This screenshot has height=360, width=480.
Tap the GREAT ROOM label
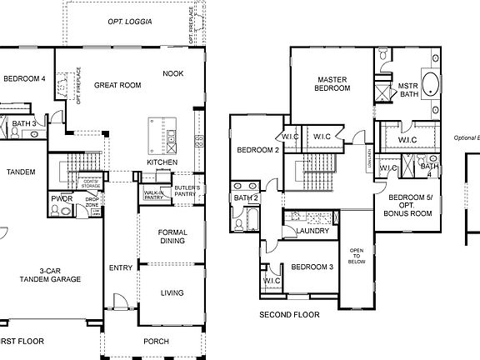tap(117, 85)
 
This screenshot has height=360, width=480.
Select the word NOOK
tap(172, 73)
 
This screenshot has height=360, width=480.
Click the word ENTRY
tap(121, 267)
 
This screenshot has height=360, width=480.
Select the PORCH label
tap(156, 340)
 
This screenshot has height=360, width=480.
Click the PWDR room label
tap(61, 199)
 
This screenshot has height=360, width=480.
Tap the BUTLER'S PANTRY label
tap(187, 191)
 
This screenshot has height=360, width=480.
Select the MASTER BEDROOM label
tap(332, 84)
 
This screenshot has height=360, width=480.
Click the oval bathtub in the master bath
tap(432, 86)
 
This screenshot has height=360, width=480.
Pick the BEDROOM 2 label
tap(257, 151)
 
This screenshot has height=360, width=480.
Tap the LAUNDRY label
tap(312, 231)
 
